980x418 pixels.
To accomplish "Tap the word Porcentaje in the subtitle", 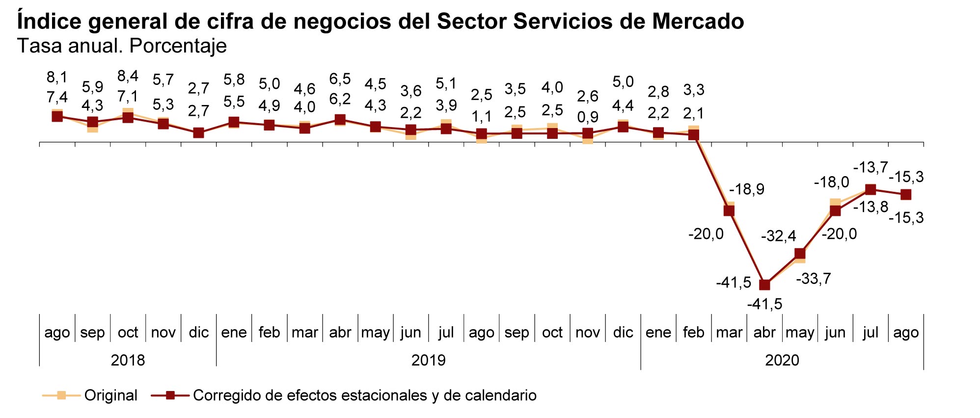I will [178, 46].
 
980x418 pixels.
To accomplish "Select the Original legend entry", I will [110, 395].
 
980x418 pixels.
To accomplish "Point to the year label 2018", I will [128, 361].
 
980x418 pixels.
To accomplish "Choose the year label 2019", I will [428, 361].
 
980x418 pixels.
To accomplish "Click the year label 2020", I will [782, 361].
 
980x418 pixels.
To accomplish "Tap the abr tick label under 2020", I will [764, 333].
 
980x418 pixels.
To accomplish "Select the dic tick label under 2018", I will [198, 333].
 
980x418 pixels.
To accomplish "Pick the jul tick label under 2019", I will [446, 333].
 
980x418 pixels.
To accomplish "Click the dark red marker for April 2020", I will [764, 285].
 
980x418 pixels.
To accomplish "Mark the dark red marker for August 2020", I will [906, 195].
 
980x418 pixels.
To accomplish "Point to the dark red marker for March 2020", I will [729, 210].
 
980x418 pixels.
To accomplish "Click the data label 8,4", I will [128, 77].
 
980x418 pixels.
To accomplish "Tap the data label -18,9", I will [747, 189].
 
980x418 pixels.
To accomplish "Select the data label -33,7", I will [813, 279].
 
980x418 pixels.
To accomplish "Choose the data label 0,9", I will [587, 117].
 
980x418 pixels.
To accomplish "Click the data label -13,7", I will [871, 168].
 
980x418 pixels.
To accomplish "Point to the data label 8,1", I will [57, 78].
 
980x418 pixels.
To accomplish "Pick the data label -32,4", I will [778, 236].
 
